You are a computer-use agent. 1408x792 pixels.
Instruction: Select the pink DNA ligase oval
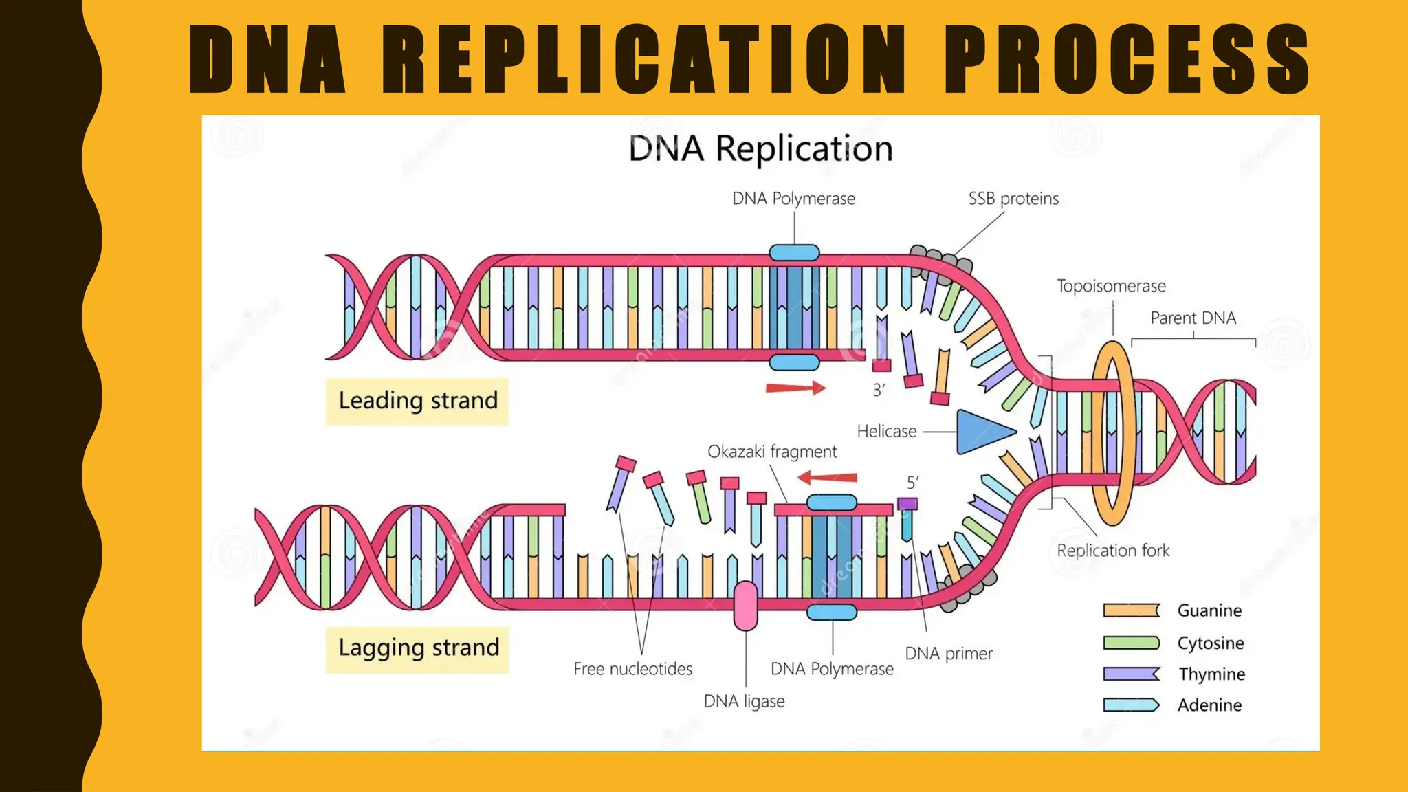click(x=745, y=606)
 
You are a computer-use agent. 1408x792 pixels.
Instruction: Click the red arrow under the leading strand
click(x=795, y=388)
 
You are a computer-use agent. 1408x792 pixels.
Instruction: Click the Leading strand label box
click(x=417, y=401)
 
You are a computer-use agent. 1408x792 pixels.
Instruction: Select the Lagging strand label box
click(x=417, y=648)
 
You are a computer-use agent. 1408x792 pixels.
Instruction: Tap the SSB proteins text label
click(x=1013, y=199)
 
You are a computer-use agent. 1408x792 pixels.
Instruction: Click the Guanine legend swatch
click(x=1131, y=610)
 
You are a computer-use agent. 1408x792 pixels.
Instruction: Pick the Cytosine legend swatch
click(x=1131, y=643)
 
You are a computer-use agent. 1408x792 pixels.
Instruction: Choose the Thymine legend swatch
click(x=1131, y=674)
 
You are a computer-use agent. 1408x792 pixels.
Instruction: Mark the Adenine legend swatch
click(x=1131, y=705)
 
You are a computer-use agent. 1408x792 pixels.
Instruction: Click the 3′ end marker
click(x=879, y=390)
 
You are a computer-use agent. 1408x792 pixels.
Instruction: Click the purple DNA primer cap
click(x=907, y=504)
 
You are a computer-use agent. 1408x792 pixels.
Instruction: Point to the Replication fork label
click(x=1113, y=551)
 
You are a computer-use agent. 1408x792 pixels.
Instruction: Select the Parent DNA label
click(x=1193, y=318)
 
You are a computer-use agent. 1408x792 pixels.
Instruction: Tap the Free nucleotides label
click(x=632, y=669)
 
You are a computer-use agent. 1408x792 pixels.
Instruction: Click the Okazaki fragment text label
click(x=772, y=452)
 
